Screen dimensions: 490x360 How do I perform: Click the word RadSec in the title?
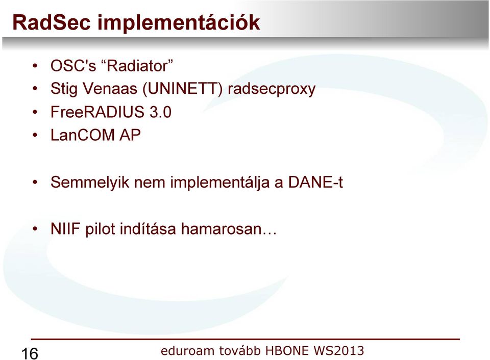click(51, 22)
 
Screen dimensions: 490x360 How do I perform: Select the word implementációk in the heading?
click(179, 22)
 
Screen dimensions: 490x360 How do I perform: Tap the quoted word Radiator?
click(137, 66)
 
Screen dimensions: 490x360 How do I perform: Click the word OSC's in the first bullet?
click(73, 66)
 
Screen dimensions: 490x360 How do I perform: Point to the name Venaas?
click(110, 89)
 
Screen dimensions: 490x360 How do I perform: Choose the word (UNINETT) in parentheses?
click(183, 89)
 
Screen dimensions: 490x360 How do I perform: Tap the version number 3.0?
click(160, 112)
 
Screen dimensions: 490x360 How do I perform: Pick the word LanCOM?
click(83, 135)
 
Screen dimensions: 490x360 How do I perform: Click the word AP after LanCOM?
click(130, 135)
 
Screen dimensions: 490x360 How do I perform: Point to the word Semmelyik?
click(90, 183)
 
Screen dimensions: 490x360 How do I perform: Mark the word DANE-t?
click(315, 182)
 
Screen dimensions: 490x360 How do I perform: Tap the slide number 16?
click(30, 354)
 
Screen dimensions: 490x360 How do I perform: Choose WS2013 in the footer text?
click(338, 351)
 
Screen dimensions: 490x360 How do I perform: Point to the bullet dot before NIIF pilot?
click(35, 229)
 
